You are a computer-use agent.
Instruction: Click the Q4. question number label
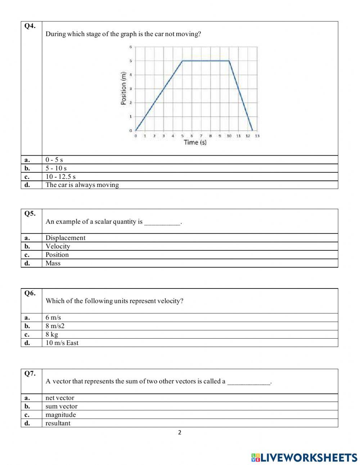pos(30,26)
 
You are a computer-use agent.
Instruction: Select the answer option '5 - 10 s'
pos(56,168)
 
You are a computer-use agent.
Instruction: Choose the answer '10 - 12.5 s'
pos(60,176)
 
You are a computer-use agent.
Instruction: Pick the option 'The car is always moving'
pos(82,185)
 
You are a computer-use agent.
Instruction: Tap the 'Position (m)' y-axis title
pos(124,88)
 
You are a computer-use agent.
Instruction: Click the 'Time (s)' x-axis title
pos(195,142)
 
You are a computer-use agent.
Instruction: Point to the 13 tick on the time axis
pos(257,136)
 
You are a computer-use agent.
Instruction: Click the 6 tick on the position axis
pos(131,47)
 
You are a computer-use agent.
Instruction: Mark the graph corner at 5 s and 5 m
pos(183,61)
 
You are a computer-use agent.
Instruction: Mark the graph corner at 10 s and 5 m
pos(229,61)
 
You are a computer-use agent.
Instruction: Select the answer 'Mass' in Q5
pos(53,263)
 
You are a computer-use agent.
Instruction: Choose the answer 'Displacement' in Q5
pos(65,238)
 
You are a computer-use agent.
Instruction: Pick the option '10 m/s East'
pos(62,343)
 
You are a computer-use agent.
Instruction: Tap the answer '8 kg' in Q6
pos(51,334)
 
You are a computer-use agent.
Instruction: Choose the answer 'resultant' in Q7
pos(58,423)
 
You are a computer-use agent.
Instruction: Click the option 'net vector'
pos(60,398)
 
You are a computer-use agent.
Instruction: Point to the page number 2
pos(180,433)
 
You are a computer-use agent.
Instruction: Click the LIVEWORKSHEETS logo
pos(304,457)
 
